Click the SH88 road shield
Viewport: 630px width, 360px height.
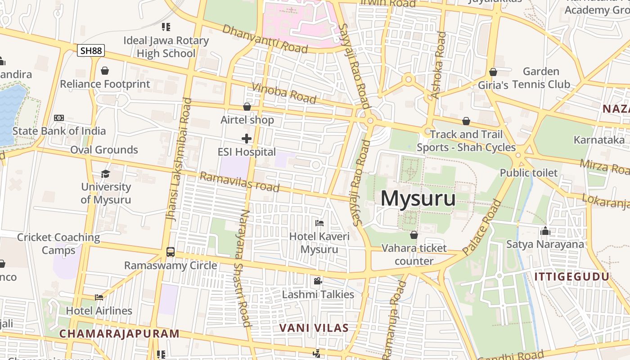pos(91,50)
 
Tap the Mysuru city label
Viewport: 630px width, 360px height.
pos(418,198)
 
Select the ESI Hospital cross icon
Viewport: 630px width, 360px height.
pos(247,139)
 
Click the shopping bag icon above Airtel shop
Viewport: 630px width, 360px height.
pos(247,107)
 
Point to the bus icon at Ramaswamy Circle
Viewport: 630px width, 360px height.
pos(171,252)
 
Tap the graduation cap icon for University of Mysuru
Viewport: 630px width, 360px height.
pos(105,174)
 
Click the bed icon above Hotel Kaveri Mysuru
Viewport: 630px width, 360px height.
pos(319,223)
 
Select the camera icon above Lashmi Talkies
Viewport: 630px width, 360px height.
pos(318,281)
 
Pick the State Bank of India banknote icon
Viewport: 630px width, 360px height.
pos(59,118)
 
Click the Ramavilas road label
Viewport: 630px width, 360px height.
pos(239,182)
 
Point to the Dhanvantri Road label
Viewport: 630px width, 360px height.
pos(265,38)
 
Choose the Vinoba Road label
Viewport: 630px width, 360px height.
pos(284,93)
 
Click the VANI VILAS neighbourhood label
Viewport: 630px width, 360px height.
pos(314,328)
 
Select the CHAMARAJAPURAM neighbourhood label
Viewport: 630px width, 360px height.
pos(120,334)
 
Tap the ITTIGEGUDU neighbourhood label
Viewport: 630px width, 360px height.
pos(572,277)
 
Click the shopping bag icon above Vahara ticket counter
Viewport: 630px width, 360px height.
pos(414,235)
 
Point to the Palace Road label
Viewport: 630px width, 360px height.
pos(481,228)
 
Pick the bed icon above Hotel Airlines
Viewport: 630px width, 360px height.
pos(99,297)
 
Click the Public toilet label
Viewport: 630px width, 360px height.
pos(529,173)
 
